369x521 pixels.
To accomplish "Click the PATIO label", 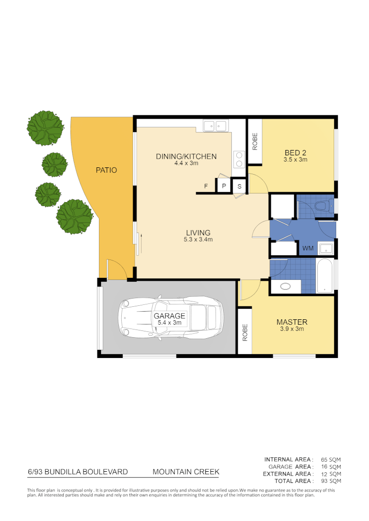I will (x=106, y=170).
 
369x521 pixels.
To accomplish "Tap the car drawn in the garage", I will (x=171, y=317).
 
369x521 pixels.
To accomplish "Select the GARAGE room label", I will (x=169, y=316).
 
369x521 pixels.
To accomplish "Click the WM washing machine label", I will (x=308, y=249).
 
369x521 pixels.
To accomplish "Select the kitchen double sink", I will (x=215, y=126).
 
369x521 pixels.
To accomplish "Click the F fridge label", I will (x=206, y=186).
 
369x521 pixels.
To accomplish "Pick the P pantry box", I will (x=224, y=186).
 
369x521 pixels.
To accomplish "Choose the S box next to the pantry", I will (x=240, y=186).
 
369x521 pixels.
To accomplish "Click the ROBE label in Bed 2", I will (x=255, y=142).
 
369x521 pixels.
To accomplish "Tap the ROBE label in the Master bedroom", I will (x=245, y=332).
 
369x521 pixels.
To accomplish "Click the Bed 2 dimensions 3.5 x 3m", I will (x=296, y=159).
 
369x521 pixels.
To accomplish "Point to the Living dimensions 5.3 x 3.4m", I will (x=198, y=239).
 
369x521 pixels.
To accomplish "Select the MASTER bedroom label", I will (x=292, y=322).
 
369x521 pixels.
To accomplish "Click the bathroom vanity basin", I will (x=285, y=286).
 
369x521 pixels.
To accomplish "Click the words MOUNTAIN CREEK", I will (x=186, y=472).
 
